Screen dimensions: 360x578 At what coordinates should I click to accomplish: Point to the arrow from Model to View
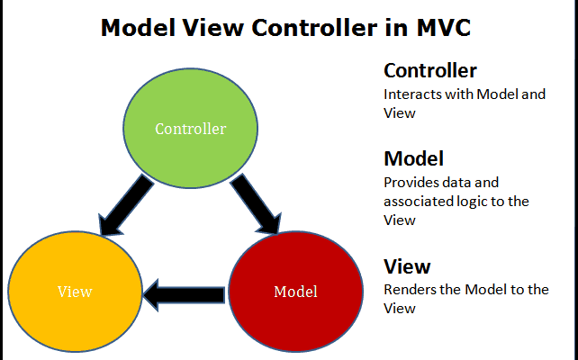pos(185,292)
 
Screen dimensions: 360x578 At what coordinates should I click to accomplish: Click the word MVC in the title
pos(439,28)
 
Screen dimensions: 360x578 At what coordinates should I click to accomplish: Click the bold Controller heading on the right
pos(430,70)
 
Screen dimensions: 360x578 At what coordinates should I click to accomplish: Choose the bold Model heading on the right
pos(413,158)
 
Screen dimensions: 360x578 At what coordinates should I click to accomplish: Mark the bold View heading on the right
pos(407,266)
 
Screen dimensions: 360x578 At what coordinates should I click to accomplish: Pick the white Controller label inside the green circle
pos(191,128)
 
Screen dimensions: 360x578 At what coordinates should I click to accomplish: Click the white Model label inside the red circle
pos(294,292)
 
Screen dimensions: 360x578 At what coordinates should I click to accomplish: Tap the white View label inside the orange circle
pos(75,292)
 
